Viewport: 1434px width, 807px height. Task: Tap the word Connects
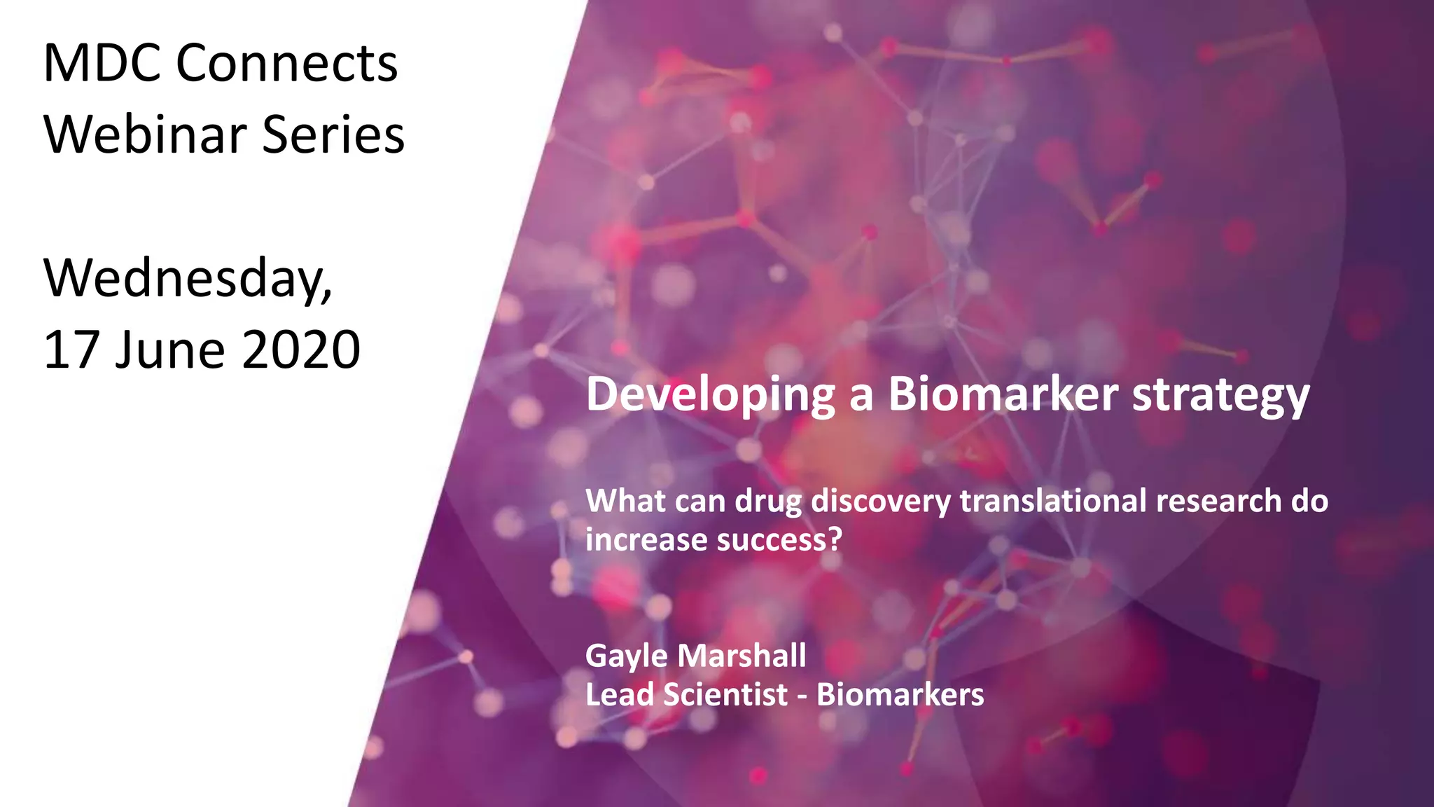click(x=286, y=63)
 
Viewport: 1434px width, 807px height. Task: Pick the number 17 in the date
click(x=71, y=350)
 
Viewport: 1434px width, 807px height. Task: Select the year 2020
click(x=301, y=350)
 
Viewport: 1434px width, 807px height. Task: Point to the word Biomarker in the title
click(x=1003, y=394)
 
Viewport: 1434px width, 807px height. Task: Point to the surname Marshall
click(x=742, y=656)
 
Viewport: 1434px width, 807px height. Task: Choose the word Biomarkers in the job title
click(x=900, y=695)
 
